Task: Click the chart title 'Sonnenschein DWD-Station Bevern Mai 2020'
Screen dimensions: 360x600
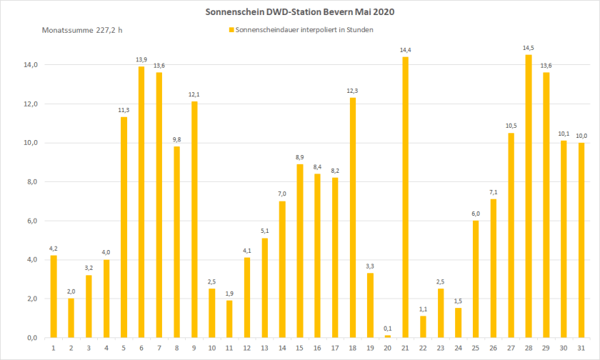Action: [x=299, y=12]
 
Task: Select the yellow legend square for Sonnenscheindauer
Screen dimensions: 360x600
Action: [x=231, y=30]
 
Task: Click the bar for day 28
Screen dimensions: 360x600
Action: [x=529, y=196]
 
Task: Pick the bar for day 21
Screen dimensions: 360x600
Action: [x=405, y=197]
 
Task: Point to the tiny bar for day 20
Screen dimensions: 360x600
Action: [x=388, y=336]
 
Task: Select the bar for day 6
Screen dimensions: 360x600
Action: [x=141, y=201]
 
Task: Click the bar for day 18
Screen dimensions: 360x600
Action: [x=352, y=217]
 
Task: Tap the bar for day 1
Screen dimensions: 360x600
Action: [x=54, y=296]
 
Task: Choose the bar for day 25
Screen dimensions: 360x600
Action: [x=476, y=279]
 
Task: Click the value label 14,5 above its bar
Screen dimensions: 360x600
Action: [x=529, y=49]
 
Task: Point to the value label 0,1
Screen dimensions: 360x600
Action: [x=388, y=329]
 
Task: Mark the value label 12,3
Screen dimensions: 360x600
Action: [x=352, y=91]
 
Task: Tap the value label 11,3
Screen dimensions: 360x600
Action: [x=124, y=111]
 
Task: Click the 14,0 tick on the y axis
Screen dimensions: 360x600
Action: [x=29, y=65]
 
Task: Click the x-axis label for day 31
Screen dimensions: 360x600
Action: [x=581, y=347]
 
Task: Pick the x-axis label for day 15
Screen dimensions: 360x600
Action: [x=299, y=347]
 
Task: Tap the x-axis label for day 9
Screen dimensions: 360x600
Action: [x=194, y=347]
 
